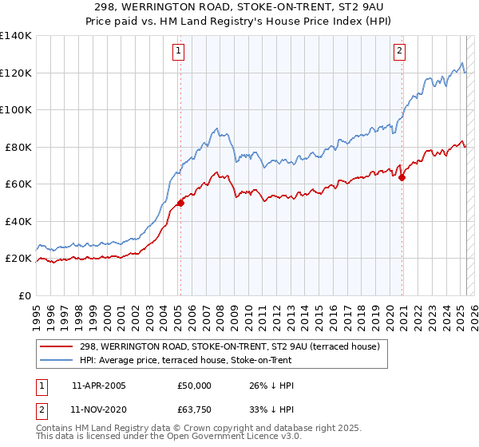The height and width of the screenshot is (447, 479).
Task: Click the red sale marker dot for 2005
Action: [x=180, y=203]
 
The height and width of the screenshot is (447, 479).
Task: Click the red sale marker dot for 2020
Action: [x=402, y=178]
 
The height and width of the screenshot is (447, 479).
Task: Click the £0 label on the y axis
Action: [x=24, y=295]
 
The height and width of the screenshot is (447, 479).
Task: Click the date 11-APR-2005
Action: [x=98, y=386]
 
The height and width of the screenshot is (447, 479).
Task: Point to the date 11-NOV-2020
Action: [x=99, y=409]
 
